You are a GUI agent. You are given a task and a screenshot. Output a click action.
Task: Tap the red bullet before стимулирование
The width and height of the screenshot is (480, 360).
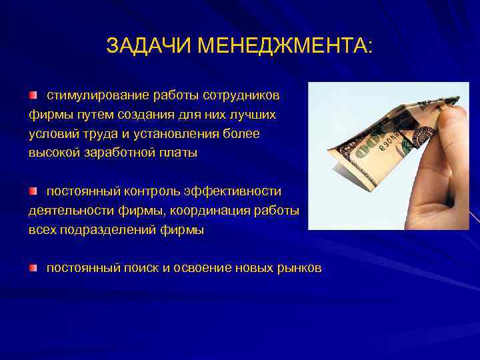pyautogui.click(x=33, y=95)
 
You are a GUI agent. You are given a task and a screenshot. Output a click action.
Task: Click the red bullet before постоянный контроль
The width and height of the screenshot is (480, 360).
pyautogui.click(x=33, y=192)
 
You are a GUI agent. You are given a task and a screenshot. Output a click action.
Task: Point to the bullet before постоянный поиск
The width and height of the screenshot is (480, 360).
pyautogui.click(x=33, y=268)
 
